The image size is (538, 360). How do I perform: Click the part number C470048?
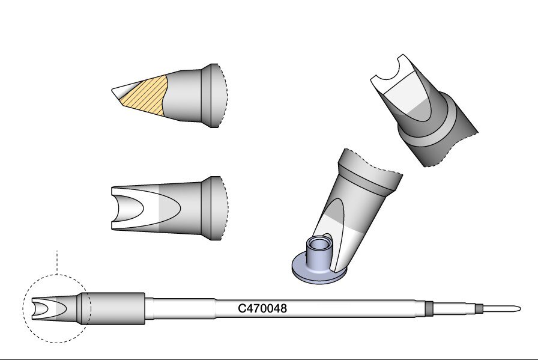262,308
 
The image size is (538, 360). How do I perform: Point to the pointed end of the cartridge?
519,309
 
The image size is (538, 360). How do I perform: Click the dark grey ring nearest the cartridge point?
480,308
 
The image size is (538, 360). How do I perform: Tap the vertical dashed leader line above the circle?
57,263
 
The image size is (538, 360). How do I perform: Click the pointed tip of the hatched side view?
112,91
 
